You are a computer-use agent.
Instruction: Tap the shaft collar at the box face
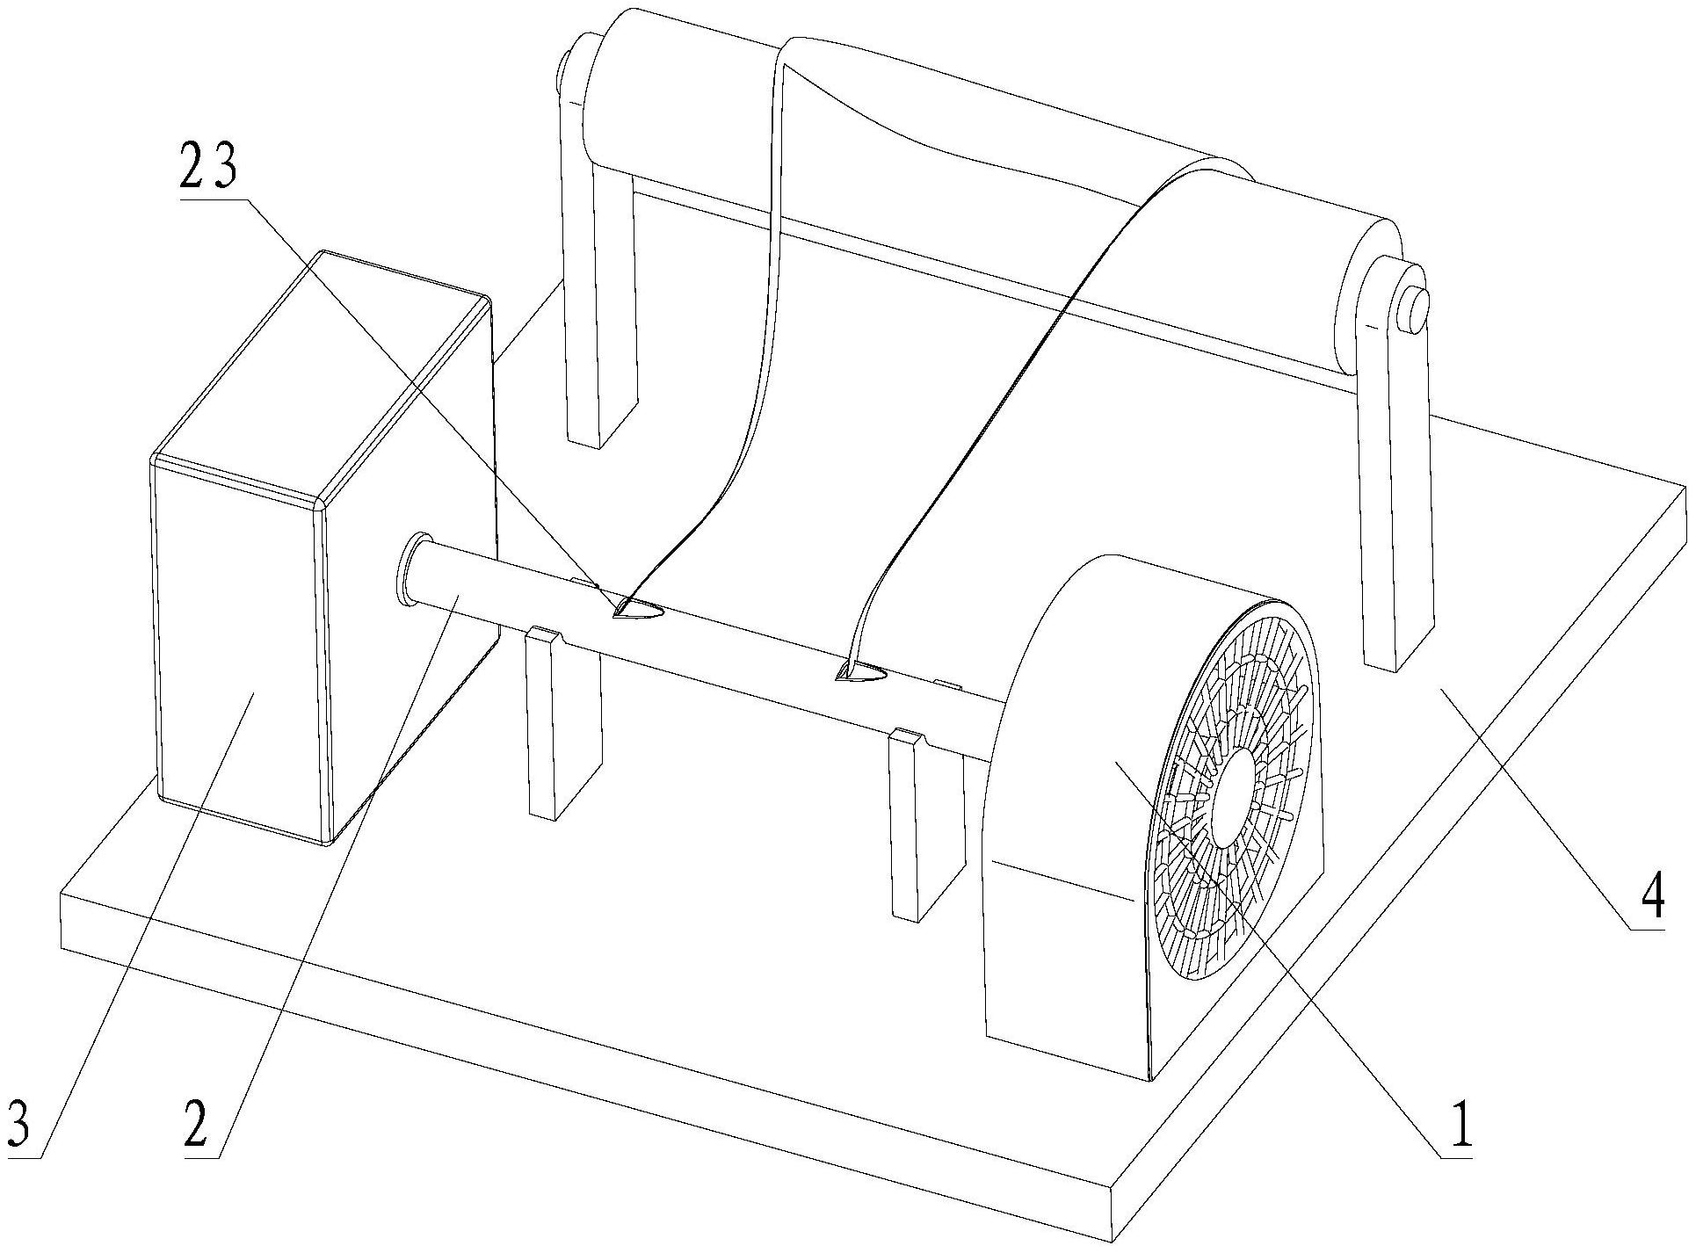tap(412, 569)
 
